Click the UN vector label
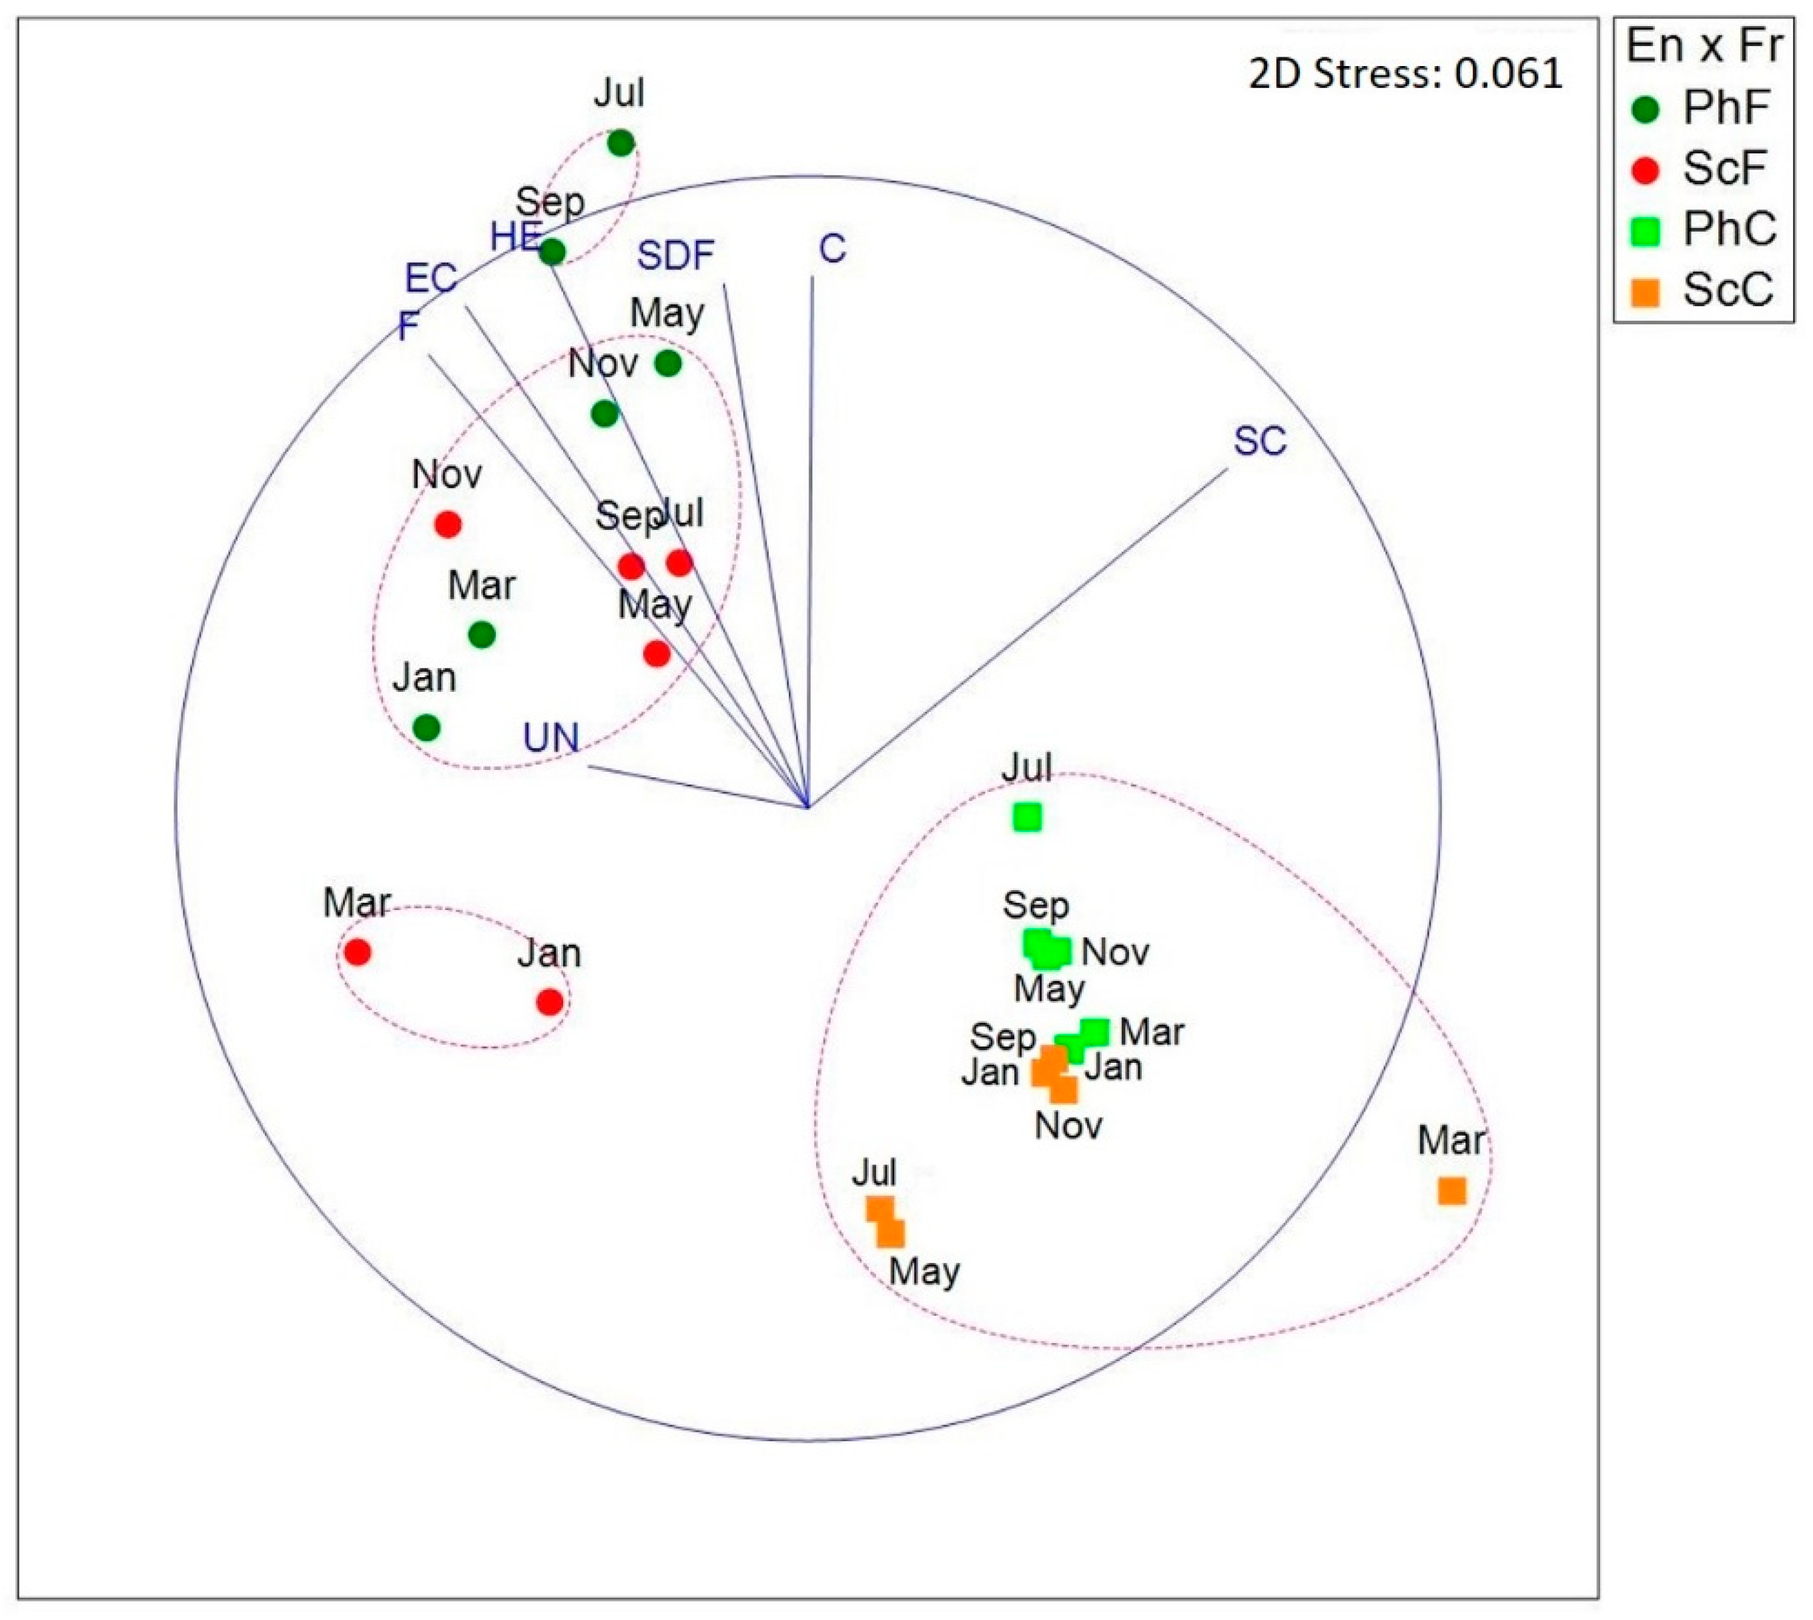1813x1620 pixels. (551, 738)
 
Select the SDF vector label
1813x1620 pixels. (675, 256)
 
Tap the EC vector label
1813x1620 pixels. (431, 279)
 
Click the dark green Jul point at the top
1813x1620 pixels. (621, 142)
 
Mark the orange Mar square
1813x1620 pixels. (1451, 1191)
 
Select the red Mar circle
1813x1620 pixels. (357, 952)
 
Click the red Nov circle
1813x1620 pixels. (448, 524)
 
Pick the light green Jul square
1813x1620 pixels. (1027, 817)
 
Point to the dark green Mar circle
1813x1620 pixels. (482, 635)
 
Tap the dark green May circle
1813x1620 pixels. (667, 363)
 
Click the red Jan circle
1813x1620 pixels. (550, 1002)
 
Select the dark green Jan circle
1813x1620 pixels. (427, 727)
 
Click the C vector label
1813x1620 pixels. (832, 250)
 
